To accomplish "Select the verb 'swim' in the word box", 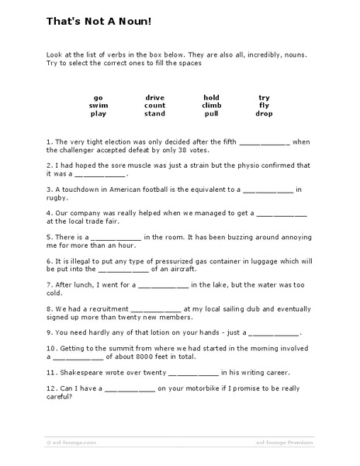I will (99, 105).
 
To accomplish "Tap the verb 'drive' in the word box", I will (154, 97).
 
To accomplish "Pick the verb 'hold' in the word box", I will (212, 97).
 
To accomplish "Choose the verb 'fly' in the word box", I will (265, 105).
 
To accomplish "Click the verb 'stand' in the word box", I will (154, 113).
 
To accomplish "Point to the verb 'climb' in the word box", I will (212, 105).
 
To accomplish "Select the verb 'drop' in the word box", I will (265, 113).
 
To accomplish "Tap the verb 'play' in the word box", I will (99, 113).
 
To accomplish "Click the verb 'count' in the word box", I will (154, 105).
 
